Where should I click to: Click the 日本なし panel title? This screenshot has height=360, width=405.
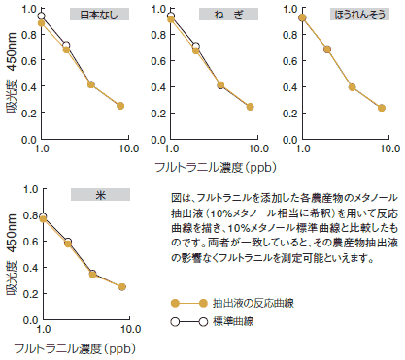point(100,14)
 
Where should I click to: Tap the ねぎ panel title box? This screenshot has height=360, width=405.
point(229,14)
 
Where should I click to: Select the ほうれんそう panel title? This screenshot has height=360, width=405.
point(358,14)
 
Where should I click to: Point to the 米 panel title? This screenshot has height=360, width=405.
point(100,195)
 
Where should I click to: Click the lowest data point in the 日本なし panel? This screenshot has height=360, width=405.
point(121,106)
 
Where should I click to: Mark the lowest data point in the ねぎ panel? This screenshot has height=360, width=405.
point(251,107)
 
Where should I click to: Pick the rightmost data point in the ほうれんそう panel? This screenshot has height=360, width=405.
point(382,108)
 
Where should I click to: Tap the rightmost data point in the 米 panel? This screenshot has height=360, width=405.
point(122,287)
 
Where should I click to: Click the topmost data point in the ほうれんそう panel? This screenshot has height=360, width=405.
point(302,17)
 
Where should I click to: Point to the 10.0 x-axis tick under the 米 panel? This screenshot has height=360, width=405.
point(128,331)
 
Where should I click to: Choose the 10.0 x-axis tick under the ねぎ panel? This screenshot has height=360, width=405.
point(257,149)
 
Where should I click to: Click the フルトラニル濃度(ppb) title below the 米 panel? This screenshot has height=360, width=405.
point(74,346)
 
